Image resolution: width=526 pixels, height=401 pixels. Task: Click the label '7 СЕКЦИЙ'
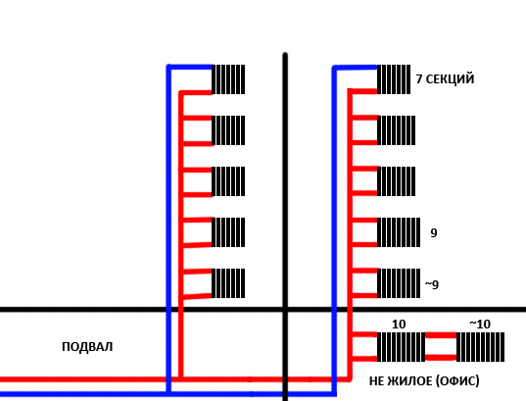coord(445,78)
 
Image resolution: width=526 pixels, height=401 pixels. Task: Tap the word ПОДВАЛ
coord(87,347)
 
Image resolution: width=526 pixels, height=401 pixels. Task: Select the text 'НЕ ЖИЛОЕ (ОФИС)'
coord(424,380)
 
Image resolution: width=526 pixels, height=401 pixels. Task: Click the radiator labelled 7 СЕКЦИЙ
coord(394,79)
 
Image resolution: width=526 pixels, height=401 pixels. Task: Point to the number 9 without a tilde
coord(434,232)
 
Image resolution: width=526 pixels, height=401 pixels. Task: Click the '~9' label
coord(432,284)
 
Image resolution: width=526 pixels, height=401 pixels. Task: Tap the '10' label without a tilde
coord(399,325)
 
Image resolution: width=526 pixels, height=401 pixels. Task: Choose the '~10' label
coord(480,325)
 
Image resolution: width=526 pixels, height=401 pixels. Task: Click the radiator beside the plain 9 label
coord(399,232)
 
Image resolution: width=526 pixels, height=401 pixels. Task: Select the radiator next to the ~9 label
coord(399,283)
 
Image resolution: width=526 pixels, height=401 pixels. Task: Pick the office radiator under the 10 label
coord(402,347)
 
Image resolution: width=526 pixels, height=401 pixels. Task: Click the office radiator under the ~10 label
coord(480,347)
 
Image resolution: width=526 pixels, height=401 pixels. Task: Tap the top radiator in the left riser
coord(228,79)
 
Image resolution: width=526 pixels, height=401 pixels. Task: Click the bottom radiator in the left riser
coord(228,283)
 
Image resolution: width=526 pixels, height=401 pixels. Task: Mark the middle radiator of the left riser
coord(228,181)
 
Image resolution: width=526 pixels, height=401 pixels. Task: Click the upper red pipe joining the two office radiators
coord(441,335)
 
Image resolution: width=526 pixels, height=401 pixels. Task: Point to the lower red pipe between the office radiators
coord(441,357)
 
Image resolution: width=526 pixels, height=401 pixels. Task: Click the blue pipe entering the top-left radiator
coord(190,68)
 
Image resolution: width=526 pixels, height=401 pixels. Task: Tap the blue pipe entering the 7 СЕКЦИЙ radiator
coord(356,68)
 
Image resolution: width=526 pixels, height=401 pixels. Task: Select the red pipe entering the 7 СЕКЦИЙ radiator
coord(363,91)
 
